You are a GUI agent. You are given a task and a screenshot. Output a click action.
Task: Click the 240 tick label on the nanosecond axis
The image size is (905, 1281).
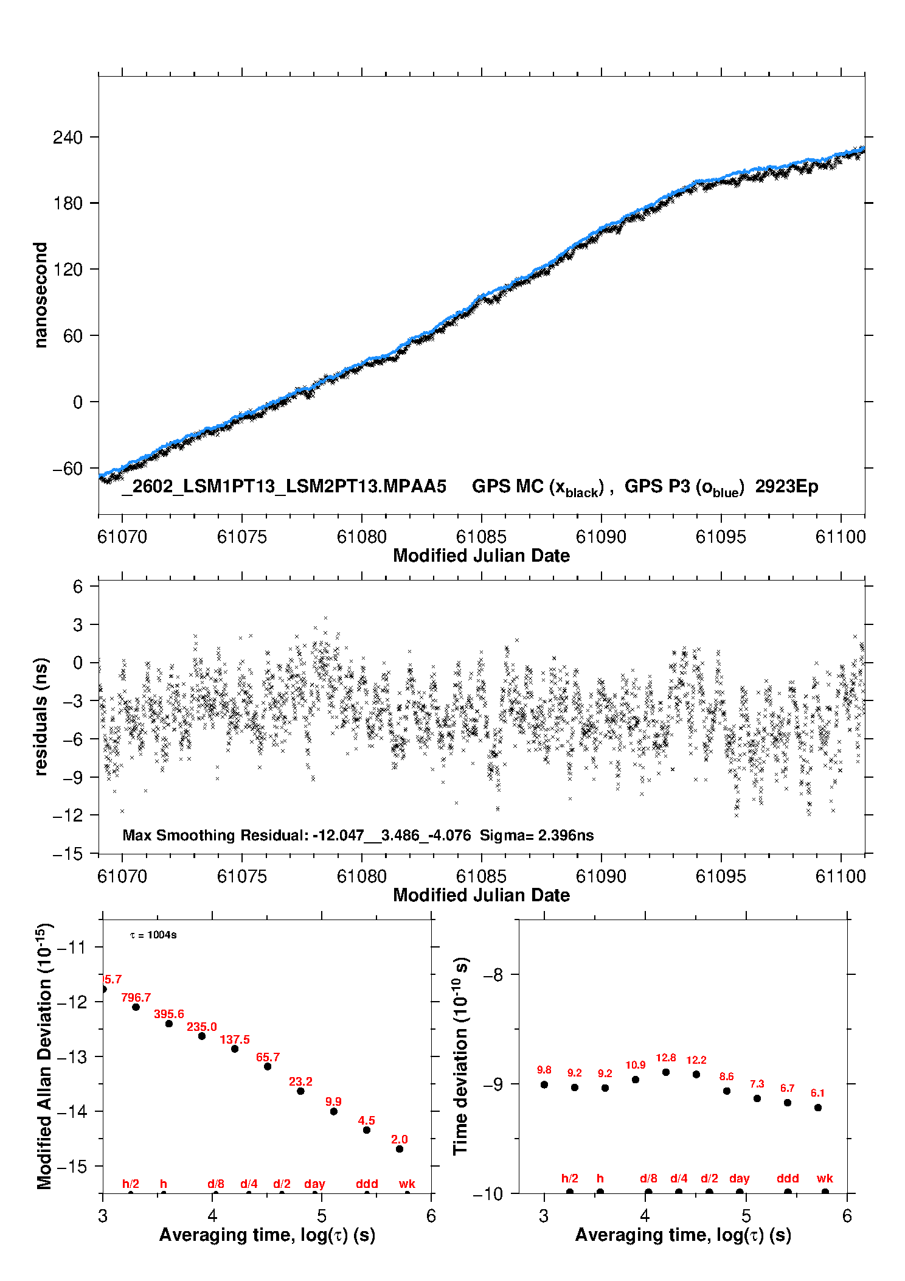click(68, 137)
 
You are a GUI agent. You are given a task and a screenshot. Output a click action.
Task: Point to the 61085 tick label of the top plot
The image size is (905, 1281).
click(481, 537)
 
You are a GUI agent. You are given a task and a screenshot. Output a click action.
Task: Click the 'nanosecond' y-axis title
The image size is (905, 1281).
click(41, 295)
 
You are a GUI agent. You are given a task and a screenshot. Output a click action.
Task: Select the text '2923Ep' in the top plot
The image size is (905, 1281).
click(786, 487)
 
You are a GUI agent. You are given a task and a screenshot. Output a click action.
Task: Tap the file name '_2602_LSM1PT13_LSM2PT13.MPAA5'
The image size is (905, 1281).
click(284, 487)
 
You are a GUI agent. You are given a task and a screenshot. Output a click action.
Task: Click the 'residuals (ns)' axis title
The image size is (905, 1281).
click(41, 716)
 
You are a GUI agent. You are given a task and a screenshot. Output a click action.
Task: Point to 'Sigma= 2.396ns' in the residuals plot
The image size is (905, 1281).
click(536, 835)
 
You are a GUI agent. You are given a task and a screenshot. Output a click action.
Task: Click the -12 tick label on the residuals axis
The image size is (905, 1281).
click(68, 815)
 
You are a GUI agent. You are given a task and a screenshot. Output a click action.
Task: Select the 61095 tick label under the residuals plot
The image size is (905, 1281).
click(721, 876)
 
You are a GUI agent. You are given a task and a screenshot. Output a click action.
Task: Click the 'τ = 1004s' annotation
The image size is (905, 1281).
click(153, 935)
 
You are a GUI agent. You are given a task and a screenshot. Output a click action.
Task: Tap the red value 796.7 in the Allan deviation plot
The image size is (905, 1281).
click(136, 997)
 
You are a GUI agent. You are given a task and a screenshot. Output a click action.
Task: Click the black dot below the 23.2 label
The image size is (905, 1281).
click(300, 1091)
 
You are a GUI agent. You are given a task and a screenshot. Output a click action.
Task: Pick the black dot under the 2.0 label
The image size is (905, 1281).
click(400, 1149)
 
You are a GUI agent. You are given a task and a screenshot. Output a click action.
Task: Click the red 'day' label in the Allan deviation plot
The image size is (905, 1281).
click(314, 1184)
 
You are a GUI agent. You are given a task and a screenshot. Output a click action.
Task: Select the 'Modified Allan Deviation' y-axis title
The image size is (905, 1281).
click(44, 1056)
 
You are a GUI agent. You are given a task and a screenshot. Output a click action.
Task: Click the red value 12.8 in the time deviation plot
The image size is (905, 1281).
click(666, 1058)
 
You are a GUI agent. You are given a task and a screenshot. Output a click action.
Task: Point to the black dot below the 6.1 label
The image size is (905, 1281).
click(818, 1108)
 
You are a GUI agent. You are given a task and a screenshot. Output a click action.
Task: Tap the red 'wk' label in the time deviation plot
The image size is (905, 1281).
click(825, 1178)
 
